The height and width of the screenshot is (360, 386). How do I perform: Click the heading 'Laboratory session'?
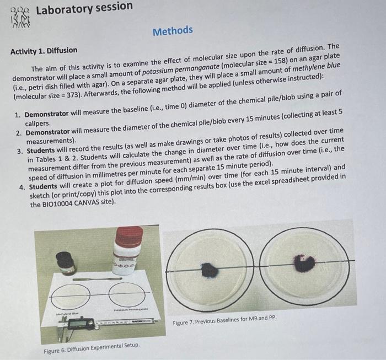pos(84,7)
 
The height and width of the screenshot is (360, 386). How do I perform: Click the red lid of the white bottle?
pos(128,236)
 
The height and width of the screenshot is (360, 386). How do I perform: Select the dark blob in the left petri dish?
pos(210,270)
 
